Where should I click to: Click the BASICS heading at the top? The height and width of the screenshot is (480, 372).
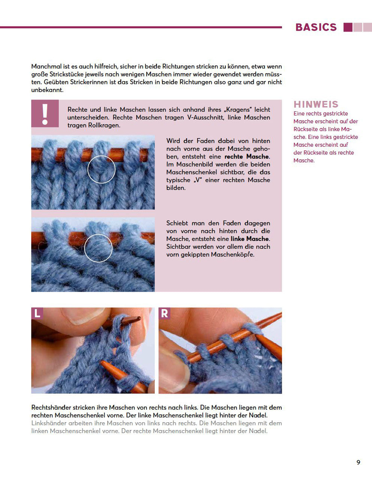[x=316, y=27]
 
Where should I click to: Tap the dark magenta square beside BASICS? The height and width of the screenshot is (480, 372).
[x=348, y=27]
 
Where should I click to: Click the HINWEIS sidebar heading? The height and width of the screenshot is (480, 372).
[x=316, y=104]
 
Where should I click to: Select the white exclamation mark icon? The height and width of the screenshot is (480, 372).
[x=45, y=114]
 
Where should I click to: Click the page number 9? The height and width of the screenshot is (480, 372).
[x=358, y=462]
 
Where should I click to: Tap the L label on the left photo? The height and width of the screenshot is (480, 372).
[x=37, y=313]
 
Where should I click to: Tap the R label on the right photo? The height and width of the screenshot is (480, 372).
[x=164, y=313]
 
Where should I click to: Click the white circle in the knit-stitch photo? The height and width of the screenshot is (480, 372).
[x=102, y=169]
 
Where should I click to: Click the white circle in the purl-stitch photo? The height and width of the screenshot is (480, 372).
[x=98, y=248]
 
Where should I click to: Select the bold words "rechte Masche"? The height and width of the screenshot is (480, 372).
[x=247, y=157]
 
